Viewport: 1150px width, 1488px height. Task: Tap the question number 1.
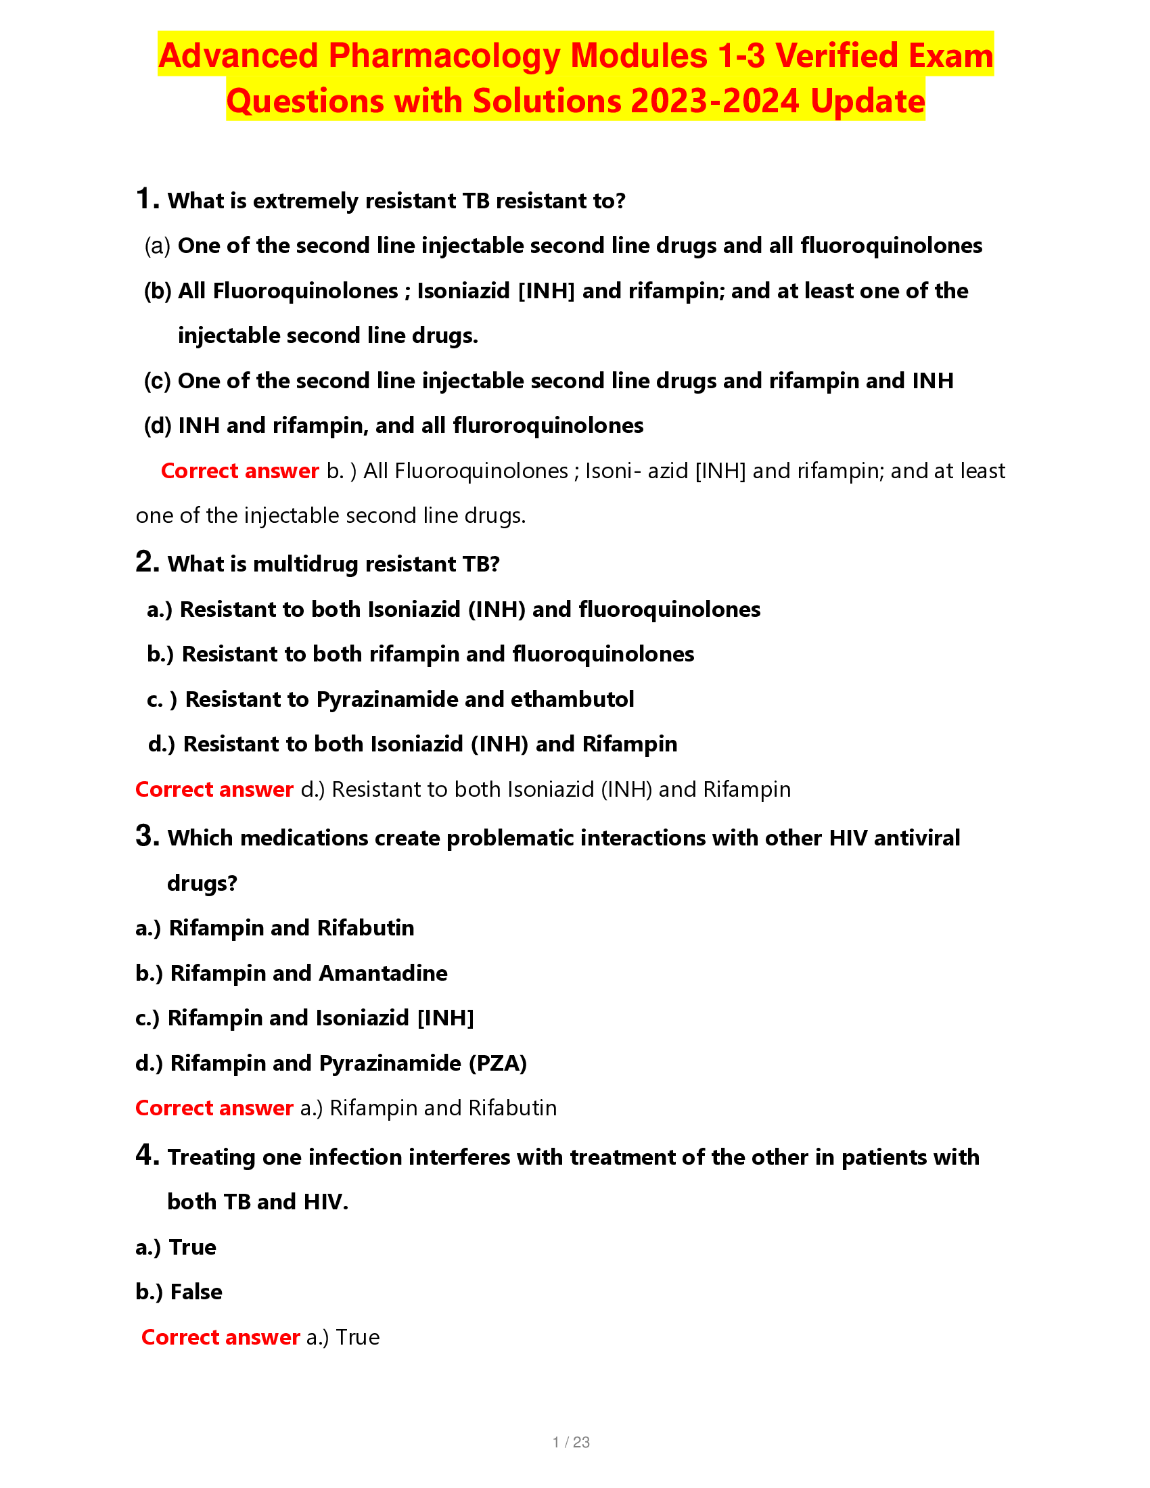click(x=147, y=199)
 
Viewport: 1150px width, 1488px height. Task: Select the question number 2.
click(x=147, y=562)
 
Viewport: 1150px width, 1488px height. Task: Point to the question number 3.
click(x=147, y=836)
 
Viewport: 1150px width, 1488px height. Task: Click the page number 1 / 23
click(x=571, y=1442)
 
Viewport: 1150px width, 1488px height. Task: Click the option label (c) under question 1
click(x=157, y=381)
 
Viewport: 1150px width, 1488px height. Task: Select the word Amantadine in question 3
click(x=383, y=973)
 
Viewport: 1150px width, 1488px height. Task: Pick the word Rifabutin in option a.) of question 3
click(x=366, y=928)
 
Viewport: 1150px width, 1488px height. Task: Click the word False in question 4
click(x=196, y=1292)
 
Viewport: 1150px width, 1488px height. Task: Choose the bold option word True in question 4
click(x=192, y=1247)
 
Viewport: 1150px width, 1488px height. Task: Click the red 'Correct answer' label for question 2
click(x=214, y=789)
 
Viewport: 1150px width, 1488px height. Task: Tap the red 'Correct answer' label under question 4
click(x=220, y=1336)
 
